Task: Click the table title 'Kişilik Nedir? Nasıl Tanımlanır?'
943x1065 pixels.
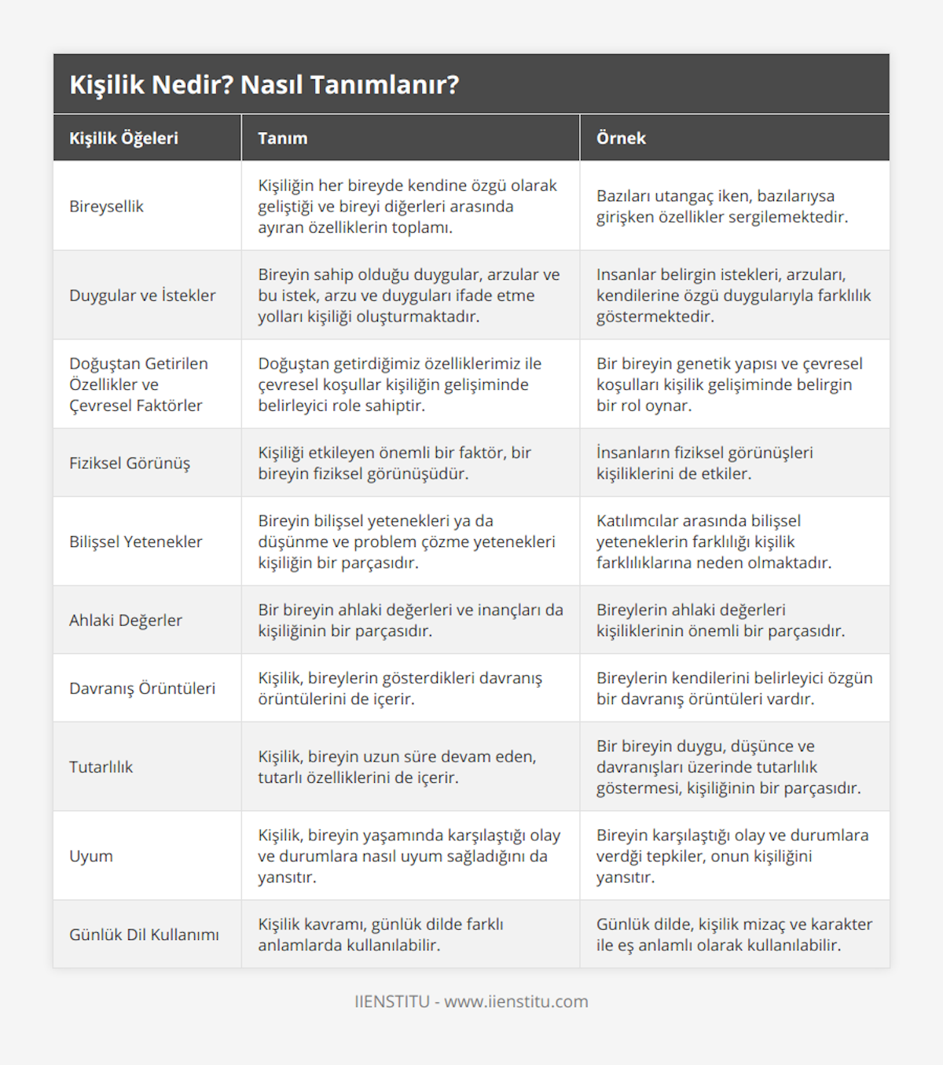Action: [x=264, y=85]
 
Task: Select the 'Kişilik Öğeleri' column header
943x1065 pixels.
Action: [x=124, y=138]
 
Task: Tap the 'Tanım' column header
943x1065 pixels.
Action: [x=283, y=138]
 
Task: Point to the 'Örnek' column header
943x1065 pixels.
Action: [x=621, y=138]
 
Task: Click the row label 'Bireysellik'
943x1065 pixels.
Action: [x=107, y=207]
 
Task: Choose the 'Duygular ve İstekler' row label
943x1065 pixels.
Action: [x=142, y=296]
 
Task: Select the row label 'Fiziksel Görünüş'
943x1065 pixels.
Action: [x=130, y=463]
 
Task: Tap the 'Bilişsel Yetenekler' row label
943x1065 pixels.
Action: [x=136, y=542]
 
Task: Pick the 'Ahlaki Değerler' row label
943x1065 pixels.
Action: [x=126, y=620]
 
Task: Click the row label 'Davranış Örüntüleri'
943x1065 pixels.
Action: [x=142, y=689]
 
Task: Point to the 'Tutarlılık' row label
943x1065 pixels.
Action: [x=101, y=767]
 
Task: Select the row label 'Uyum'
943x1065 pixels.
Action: [x=91, y=856]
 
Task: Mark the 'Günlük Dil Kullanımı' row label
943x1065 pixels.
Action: [x=144, y=935]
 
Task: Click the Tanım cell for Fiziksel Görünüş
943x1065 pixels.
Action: [x=394, y=463]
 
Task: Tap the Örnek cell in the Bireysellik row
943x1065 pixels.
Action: [x=722, y=207]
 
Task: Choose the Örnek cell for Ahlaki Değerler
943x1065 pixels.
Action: [x=721, y=620]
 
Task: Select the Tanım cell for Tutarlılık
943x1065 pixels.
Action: [x=397, y=767]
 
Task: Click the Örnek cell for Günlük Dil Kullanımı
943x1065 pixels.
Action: [x=734, y=935]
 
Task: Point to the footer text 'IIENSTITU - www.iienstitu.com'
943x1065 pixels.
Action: [x=472, y=1001]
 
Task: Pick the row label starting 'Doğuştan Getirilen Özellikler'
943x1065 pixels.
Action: [x=138, y=384]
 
